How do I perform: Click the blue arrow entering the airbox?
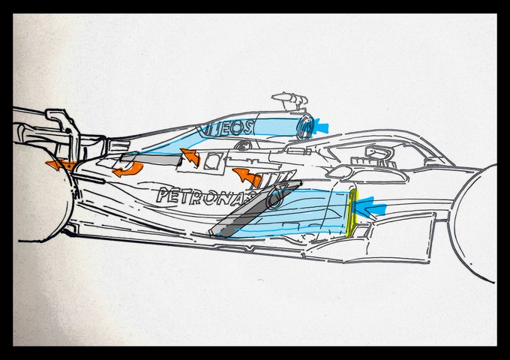click(321, 126)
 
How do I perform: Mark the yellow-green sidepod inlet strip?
click(352, 213)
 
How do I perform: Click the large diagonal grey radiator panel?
click(255, 208)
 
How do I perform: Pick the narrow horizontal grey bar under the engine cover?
click(151, 159)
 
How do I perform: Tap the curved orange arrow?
click(127, 169)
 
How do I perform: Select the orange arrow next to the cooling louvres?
click(247, 178)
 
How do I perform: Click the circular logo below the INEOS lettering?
click(241, 145)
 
